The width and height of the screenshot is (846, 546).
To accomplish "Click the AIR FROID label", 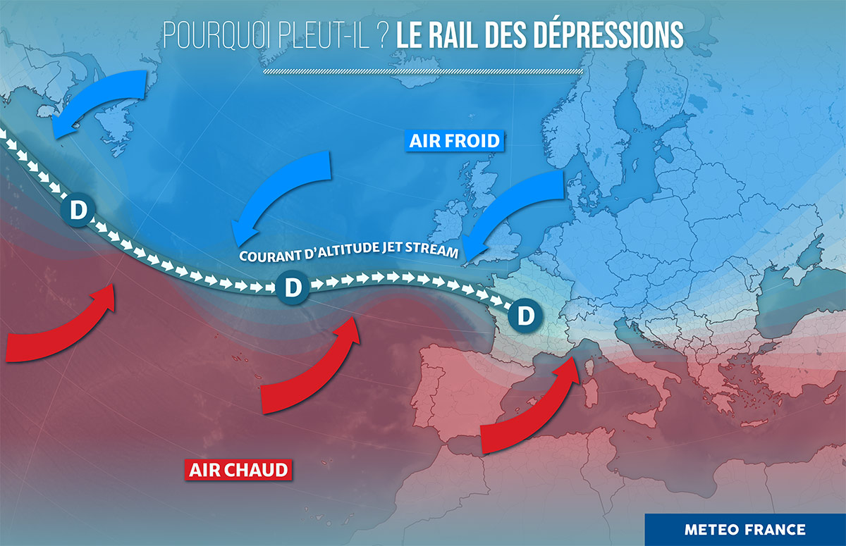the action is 455,141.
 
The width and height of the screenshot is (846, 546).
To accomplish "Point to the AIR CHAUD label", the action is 239,469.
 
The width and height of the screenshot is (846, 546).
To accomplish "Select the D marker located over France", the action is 525,315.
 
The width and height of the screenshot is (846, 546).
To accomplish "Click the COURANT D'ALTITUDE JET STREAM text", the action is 349,252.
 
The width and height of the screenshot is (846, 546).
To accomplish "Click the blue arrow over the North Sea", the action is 518,208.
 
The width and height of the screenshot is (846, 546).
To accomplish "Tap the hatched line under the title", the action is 423,71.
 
